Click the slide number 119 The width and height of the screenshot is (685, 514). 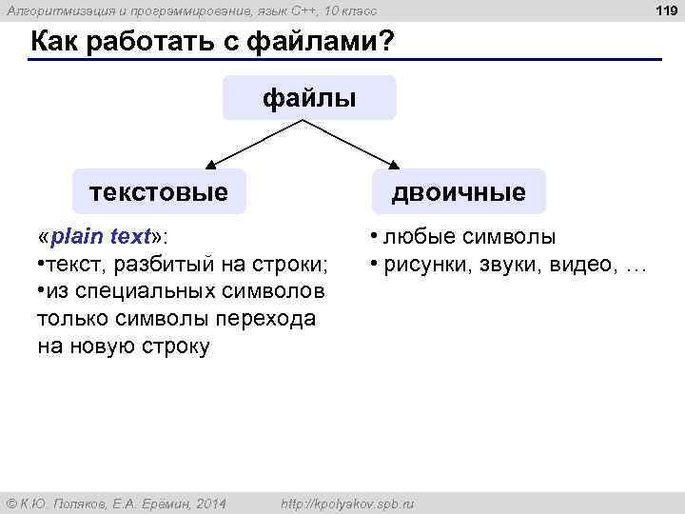pyautogui.click(x=665, y=10)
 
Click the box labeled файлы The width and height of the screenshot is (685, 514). pyautogui.click(x=309, y=98)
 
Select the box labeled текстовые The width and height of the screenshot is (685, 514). pyautogui.click(x=160, y=192)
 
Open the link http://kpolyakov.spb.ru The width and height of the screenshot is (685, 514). pyautogui.click(x=349, y=503)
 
